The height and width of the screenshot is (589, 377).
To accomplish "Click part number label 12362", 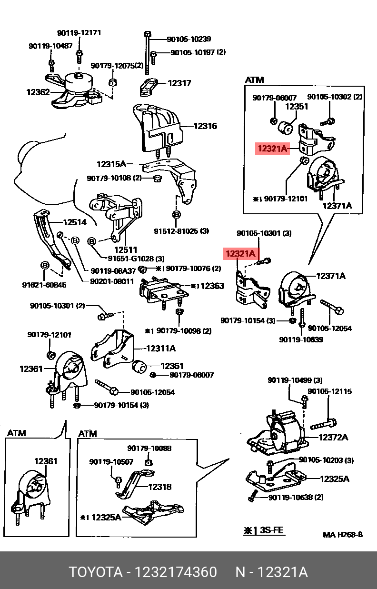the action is [x=38, y=92].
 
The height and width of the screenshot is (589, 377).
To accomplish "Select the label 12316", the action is [x=205, y=126].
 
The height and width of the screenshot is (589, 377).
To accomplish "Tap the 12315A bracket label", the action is [x=111, y=164].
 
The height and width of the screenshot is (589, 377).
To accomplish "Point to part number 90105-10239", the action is [x=189, y=39].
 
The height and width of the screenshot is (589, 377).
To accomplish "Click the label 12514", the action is [x=75, y=222].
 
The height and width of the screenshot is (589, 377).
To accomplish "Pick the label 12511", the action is [x=126, y=250].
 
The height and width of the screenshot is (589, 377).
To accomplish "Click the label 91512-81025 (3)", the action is [x=181, y=231].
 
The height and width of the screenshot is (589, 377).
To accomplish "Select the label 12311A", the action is [x=160, y=349].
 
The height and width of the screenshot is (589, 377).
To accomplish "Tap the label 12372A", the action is [x=333, y=437].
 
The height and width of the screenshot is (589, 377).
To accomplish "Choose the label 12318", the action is [x=159, y=487].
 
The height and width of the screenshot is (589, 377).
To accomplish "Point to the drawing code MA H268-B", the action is [x=343, y=535].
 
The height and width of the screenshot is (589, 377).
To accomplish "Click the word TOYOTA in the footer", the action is [x=96, y=572].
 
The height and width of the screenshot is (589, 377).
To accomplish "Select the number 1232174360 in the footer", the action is [x=176, y=572].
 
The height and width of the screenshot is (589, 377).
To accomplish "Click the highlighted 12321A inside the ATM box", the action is [x=272, y=149].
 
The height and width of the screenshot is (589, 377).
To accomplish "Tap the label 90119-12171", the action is [x=79, y=33].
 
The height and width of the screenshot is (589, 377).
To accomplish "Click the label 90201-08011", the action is [x=112, y=281].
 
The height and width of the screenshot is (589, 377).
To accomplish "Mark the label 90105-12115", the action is [x=330, y=391].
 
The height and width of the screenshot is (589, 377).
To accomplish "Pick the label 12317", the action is [x=179, y=83].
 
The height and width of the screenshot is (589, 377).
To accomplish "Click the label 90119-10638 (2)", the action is [x=296, y=497].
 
